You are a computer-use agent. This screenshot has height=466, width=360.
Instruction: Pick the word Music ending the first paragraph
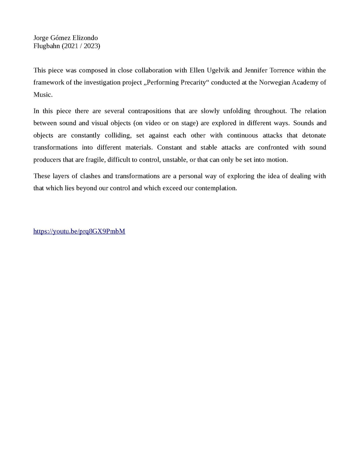click(42, 94)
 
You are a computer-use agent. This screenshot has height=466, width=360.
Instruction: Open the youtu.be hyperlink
click(79, 231)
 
